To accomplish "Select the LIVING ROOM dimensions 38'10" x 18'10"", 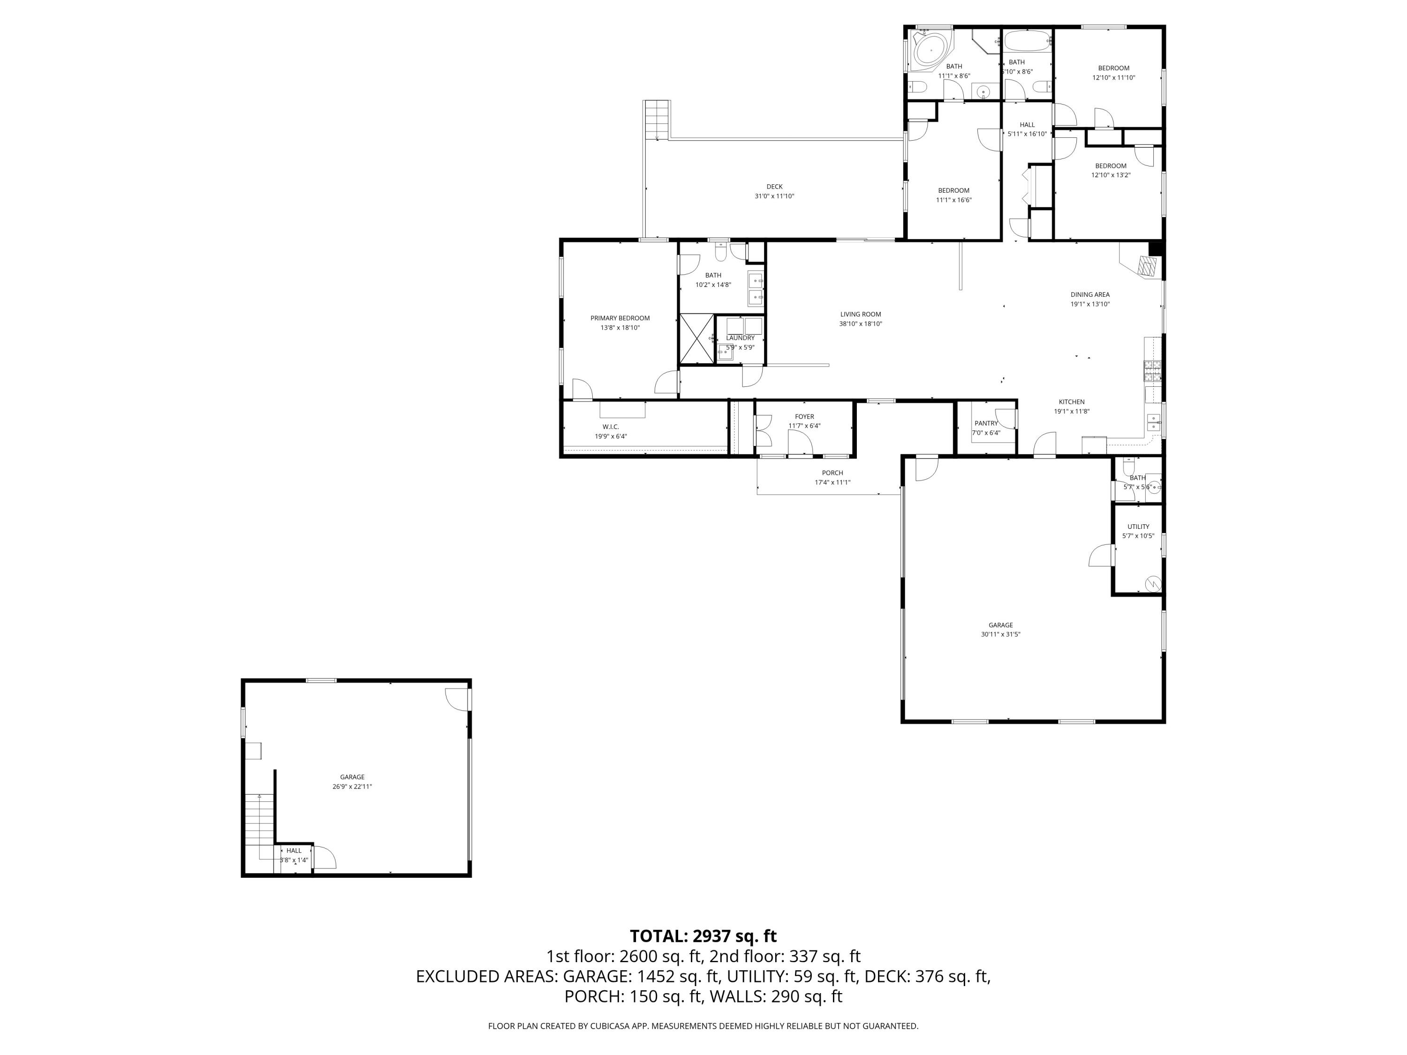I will pyautogui.click(x=860, y=324).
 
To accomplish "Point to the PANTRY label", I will pyautogui.click(x=985, y=423).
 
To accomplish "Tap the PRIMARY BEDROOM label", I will pyautogui.click(x=620, y=318).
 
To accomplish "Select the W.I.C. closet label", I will pyautogui.click(x=611, y=427).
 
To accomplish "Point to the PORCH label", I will pyautogui.click(x=832, y=473).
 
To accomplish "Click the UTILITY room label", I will pyautogui.click(x=1138, y=527).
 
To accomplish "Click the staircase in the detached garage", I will pyautogui.click(x=259, y=821).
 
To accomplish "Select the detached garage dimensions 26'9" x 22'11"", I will pyautogui.click(x=352, y=787).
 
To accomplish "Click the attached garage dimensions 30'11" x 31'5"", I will pyautogui.click(x=1000, y=634).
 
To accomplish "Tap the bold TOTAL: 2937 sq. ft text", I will pyautogui.click(x=703, y=936).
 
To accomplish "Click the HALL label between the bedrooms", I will pyautogui.click(x=1027, y=125).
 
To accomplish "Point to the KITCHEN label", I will pyautogui.click(x=1071, y=402).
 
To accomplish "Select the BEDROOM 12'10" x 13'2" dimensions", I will pyautogui.click(x=1111, y=175).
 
